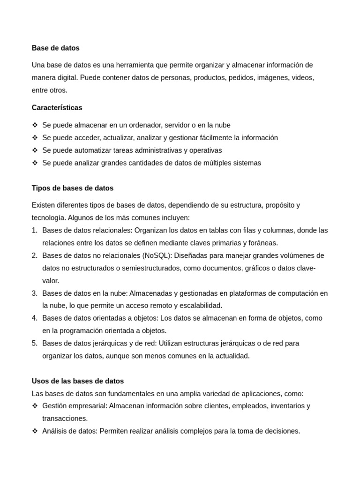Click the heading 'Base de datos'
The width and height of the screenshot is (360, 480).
(x=55, y=48)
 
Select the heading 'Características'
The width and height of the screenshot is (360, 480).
(x=57, y=107)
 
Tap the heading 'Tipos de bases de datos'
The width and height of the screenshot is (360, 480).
(x=72, y=188)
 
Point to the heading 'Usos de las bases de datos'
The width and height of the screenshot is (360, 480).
(x=77, y=381)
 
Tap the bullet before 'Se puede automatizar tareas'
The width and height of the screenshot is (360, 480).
(x=35, y=150)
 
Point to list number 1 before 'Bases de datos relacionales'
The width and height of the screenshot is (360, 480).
(x=34, y=230)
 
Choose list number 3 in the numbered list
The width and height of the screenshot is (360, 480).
(x=34, y=293)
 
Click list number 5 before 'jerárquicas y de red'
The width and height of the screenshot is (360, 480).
(x=34, y=343)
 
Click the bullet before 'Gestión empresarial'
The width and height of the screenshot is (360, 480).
(x=35, y=406)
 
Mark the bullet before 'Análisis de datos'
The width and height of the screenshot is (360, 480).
(x=35, y=431)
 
